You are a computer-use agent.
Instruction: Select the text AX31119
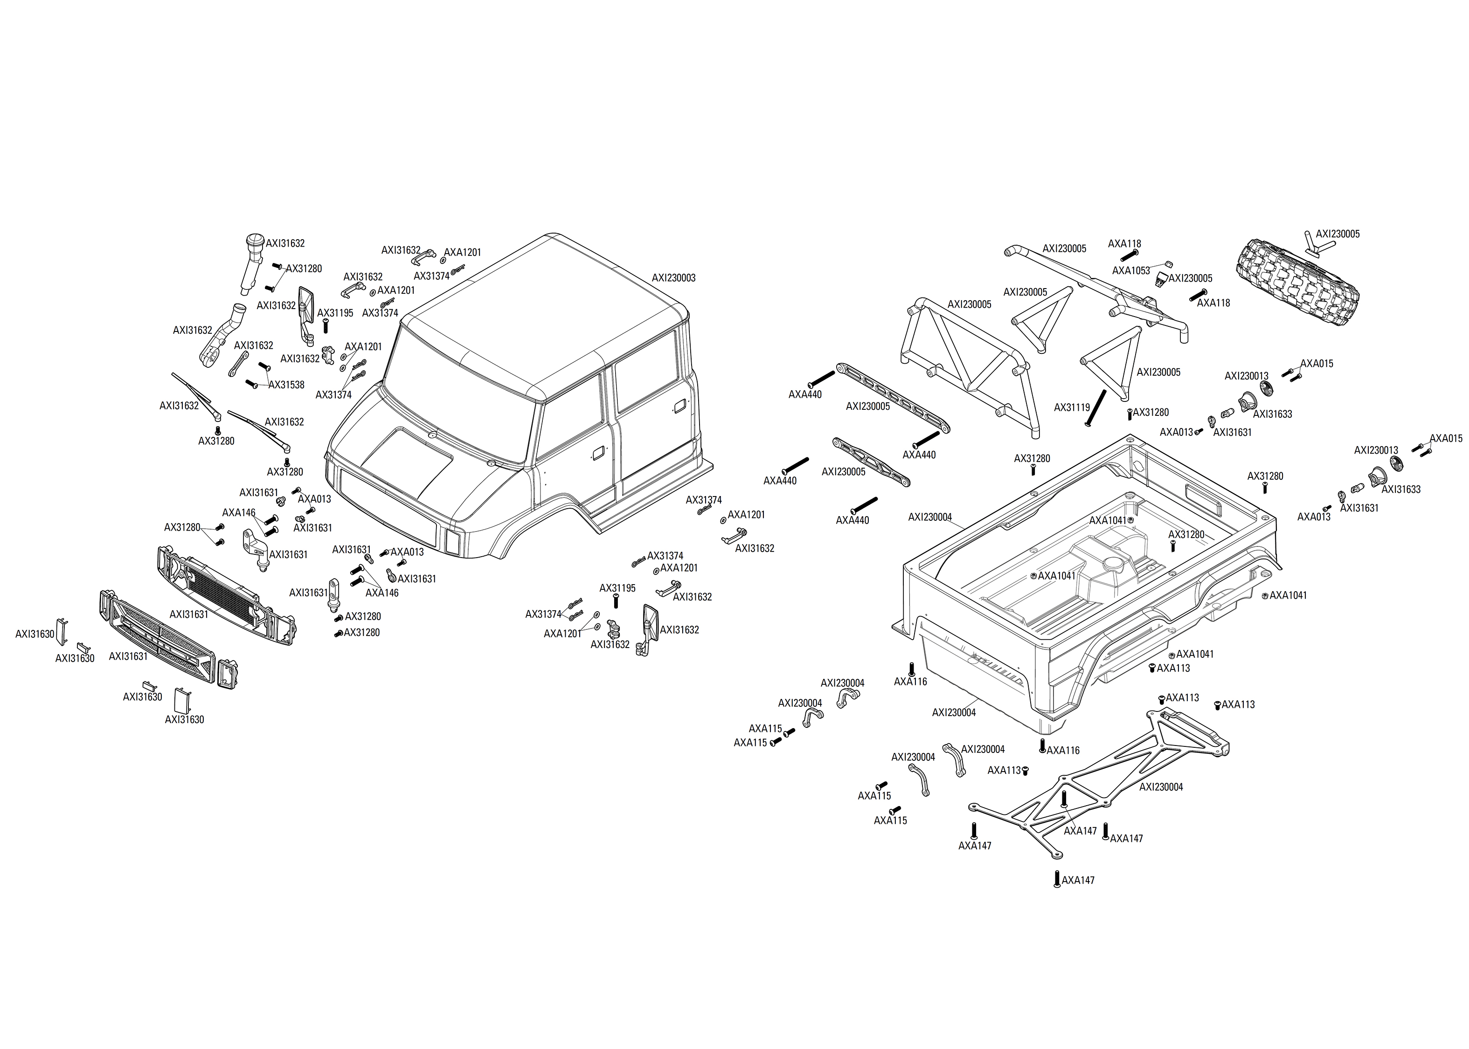pyautogui.click(x=1072, y=407)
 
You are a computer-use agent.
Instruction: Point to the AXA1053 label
pyautogui.click(x=1130, y=271)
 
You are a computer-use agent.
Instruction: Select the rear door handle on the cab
pyautogui.click(x=679, y=406)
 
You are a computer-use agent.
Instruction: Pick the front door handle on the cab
pyautogui.click(x=598, y=451)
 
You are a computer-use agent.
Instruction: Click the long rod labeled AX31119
pyautogui.click(x=1096, y=407)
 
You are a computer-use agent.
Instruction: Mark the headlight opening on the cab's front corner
pyautogui.click(x=453, y=541)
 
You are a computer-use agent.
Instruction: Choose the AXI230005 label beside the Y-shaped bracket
pyautogui.click(x=1337, y=234)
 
